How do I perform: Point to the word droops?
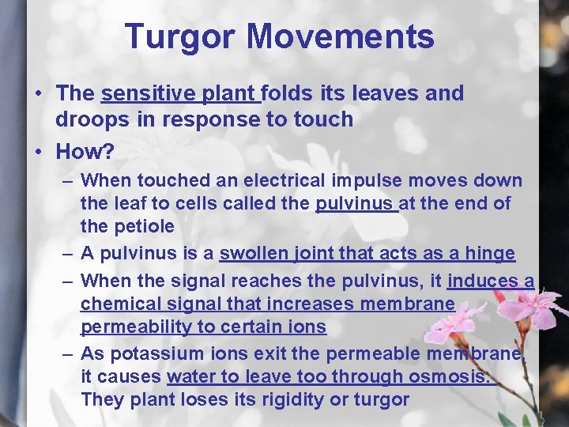point(85,119)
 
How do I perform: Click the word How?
point(85,150)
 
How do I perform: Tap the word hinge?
point(489,254)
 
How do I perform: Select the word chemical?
point(121,304)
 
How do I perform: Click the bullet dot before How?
point(39,150)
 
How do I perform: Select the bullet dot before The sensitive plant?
point(39,93)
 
